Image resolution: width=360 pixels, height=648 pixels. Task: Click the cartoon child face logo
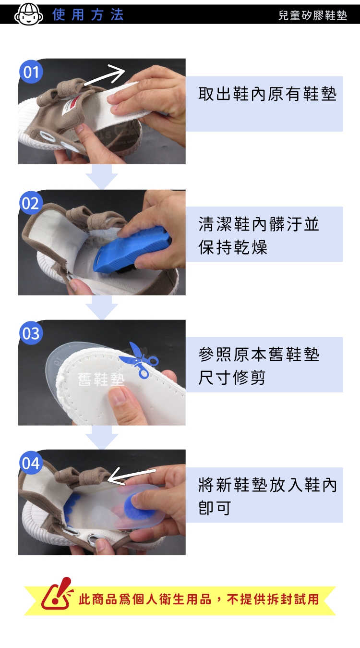tap(28, 14)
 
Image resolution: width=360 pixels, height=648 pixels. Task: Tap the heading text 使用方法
tap(88, 14)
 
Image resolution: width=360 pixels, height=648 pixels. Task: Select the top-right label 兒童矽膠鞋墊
tap(312, 15)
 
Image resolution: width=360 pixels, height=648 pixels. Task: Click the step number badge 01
tap(31, 72)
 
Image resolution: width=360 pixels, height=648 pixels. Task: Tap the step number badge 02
tap(31, 203)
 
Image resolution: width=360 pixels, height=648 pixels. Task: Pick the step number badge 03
tap(31, 333)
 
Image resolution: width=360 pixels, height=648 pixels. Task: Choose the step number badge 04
tap(31, 463)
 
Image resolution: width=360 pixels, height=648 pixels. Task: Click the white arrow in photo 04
tap(132, 476)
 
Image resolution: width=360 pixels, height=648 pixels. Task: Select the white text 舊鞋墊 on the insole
tap(101, 379)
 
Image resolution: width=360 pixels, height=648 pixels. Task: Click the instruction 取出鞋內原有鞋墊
tap(267, 94)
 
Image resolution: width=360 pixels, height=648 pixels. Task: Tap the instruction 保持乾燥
tap(233, 247)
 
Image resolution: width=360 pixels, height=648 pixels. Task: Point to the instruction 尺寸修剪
tap(232, 378)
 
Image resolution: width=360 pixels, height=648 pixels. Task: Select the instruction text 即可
tap(215, 508)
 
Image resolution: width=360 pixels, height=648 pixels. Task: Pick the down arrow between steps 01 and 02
tap(102, 176)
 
